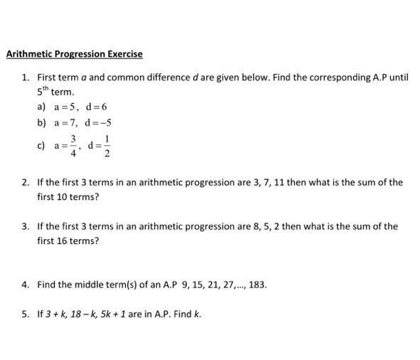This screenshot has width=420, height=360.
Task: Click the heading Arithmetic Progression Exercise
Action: pyautogui.click(x=74, y=54)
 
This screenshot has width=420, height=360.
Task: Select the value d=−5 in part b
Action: pyautogui.click(x=98, y=122)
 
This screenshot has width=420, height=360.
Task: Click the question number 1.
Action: pyautogui.click(x=25, y=77)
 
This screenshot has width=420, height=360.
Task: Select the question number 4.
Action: pyautogui.click(x=25, y=285)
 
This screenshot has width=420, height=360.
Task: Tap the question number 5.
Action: pyautogui.click(x=25, y=314)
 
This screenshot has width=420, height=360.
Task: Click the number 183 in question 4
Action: pyautogui.click(x=257, y=285)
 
